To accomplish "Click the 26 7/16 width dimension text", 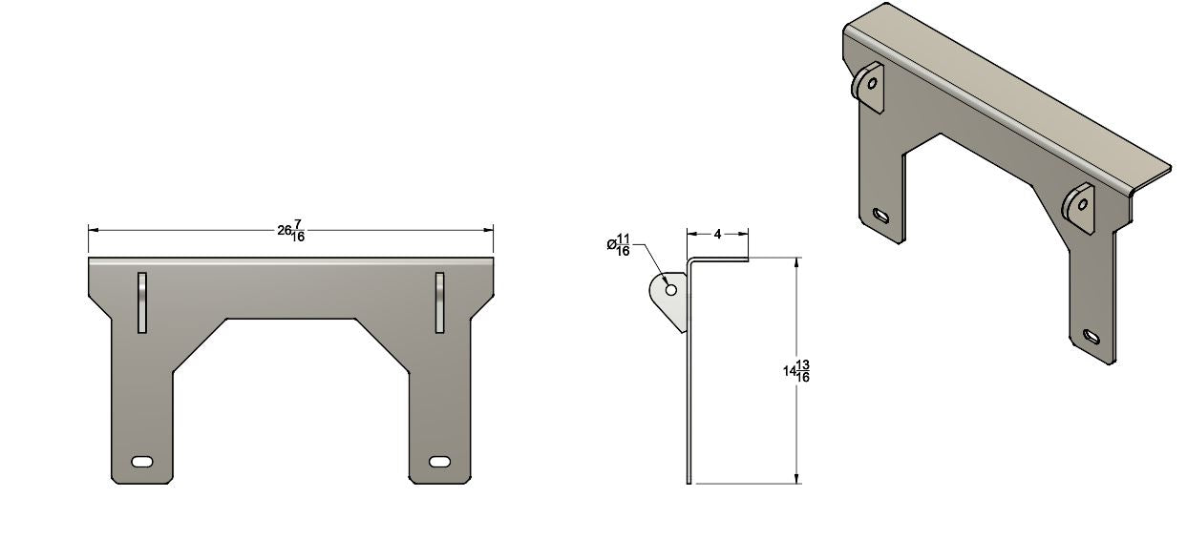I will click(x=291, y=232).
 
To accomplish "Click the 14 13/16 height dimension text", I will click(x=796, y=371).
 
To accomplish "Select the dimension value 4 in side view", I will click(x=716, y=233).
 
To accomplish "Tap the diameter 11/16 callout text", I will click(x=619, y=245).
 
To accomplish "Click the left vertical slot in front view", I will click(x=142, y=302).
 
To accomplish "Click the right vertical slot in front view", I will click(x=439, y=302).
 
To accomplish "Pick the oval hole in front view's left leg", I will click(x=142, y=462).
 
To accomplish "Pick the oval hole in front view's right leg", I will click(x=439, y=462).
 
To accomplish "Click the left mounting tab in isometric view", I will click(x=868, y=86).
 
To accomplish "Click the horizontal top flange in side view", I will click(x=718, y=259).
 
